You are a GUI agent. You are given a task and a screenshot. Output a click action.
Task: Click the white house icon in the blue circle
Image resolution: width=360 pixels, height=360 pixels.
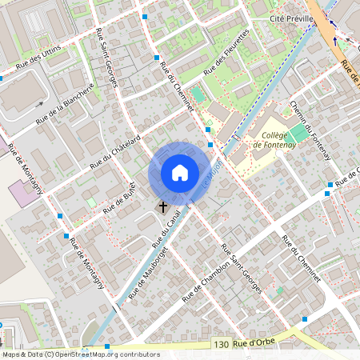[180, 172]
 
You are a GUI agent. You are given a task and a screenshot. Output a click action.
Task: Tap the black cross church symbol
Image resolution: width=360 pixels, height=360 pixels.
[163, 206]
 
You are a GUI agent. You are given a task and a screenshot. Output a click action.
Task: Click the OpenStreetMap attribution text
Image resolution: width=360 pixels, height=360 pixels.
[80, 354]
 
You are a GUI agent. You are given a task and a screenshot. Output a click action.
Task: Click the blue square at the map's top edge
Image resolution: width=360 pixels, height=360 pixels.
[145, 16]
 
